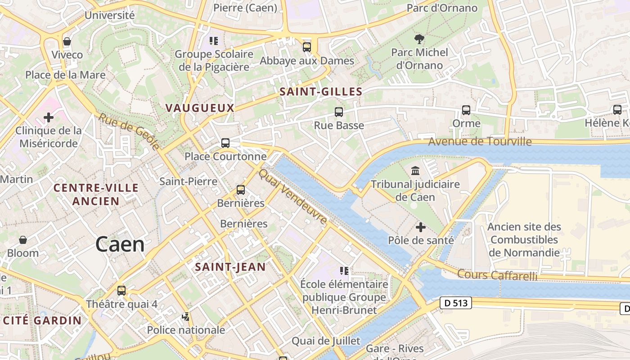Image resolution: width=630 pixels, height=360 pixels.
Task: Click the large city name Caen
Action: click(120, 244)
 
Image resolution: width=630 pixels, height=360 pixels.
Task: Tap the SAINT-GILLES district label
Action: click(321, 92)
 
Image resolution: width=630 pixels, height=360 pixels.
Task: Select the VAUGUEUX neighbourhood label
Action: click(200, 108)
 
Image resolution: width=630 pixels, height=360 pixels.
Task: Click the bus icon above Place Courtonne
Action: click(225, 143)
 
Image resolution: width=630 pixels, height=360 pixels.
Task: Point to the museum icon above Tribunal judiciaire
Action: click(415, 171)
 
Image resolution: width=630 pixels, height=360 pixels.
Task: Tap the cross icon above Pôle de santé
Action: click(421, 227)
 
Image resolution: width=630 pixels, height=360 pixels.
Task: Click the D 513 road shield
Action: click(455, 303)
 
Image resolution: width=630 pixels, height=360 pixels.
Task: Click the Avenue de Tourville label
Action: click(480, 142)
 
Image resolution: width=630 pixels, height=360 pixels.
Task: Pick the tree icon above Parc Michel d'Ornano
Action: click(419, 39)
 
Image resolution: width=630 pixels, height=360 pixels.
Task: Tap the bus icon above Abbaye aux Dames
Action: click(307, 47)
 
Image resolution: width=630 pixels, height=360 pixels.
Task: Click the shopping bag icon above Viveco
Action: click(67, 42)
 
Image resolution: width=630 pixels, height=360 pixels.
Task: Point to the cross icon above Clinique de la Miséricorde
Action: click(49, 118)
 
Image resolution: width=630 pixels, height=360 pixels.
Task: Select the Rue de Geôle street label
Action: click(129, 131)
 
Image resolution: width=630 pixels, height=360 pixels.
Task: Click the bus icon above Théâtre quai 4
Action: click(121, 291)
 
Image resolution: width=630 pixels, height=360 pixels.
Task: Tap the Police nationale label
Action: click(186, 330)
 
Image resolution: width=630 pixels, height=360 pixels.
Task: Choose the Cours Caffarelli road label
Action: click(497, 274)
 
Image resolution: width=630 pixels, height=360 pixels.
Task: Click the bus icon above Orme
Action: click(466, 110)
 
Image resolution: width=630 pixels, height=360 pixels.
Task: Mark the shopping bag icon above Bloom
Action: click(23, 240)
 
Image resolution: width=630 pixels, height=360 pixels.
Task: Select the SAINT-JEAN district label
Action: click(230, 267)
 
